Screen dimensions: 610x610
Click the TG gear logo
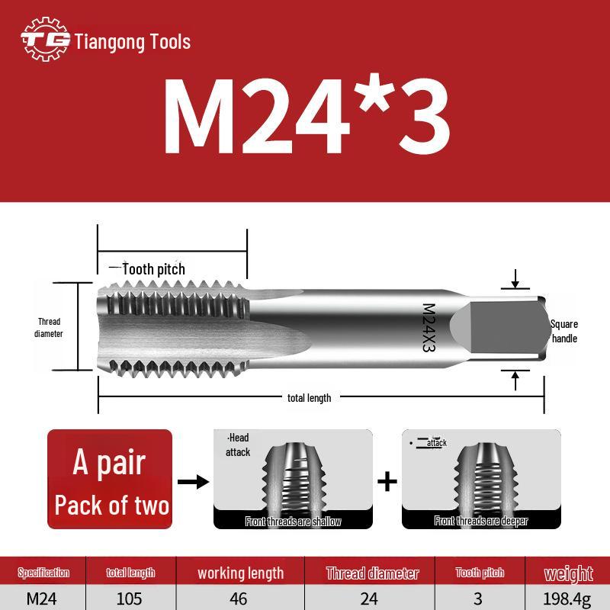coord(46,39)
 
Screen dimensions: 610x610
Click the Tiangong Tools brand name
coord(132,42)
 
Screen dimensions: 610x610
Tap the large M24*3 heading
coord(307,116)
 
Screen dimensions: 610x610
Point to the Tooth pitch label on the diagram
coord(154,269)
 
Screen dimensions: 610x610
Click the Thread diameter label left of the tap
coord(49,328)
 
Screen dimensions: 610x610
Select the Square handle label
coord(564,331)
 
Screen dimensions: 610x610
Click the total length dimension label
coord(310,398)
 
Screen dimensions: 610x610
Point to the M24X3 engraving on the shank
coord(429,328)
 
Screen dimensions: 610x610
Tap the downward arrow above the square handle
coord(515,278)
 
